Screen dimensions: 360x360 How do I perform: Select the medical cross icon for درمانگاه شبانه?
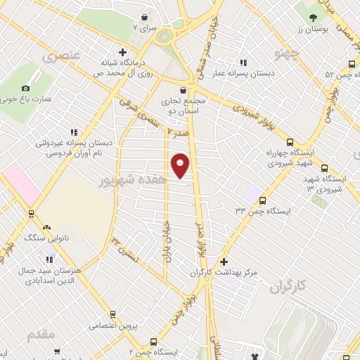click(123, 52)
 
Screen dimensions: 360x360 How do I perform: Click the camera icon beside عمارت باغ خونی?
click(26, 89)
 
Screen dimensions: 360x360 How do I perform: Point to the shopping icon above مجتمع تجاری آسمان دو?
click(184, 90)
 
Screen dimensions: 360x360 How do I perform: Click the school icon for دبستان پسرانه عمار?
click(243, 62)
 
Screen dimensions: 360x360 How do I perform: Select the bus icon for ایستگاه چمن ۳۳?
click(262, 200)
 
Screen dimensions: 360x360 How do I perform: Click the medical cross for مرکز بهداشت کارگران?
click(224, 262)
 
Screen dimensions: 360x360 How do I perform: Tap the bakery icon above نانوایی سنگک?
click(46, 227)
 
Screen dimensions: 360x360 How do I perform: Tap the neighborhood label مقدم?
click(41, 335)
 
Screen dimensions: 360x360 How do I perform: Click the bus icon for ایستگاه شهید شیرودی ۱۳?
click(324, 168)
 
